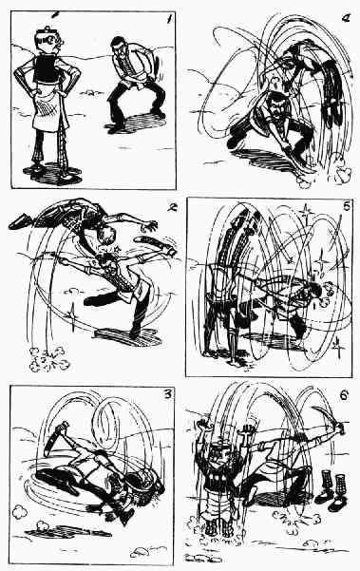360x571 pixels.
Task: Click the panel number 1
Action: click(x=168, y=19)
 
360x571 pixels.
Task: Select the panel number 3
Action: click(x=167, y=394)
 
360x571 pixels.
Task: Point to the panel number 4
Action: click(x=346, y=18)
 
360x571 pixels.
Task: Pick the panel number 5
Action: click(x=346, y=206)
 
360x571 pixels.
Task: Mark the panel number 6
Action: click(x=344, y=395)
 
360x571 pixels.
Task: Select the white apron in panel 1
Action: click(x=48, y=105)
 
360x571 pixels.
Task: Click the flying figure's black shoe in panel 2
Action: click(x=20, y=221)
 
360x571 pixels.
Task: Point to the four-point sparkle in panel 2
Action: click(x=72, y=315)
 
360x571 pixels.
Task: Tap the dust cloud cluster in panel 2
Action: click(x=48, y=359)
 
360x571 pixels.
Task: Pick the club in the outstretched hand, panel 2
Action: click(x=156, y=245)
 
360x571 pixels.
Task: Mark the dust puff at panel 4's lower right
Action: click(x=342, y=174)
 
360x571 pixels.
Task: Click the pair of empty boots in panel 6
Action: click(x=330, y=490)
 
